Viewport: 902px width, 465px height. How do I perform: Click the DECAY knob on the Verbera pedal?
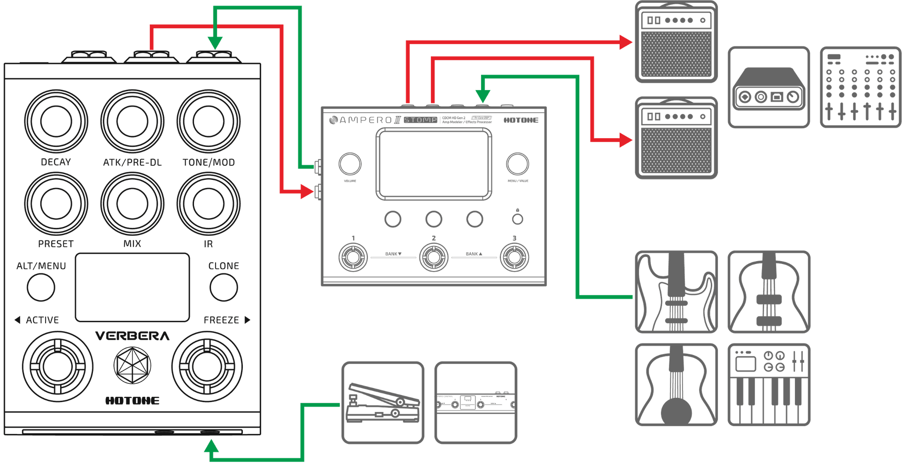click(x=56, y=121)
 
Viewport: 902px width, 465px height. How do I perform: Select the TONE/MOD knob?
click(x=208, y=121)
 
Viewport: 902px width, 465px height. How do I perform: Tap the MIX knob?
click(x=132, y=203)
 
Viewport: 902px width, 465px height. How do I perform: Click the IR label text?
click(x=208, y=244)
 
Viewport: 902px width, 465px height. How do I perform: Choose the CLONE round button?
click(x=224, y=287)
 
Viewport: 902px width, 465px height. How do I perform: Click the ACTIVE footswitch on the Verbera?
click(x=57, y=366)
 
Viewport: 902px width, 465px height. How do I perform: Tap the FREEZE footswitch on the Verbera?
click(x=207, y=366)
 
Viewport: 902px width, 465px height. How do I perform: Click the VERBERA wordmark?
click(x=132, y=336)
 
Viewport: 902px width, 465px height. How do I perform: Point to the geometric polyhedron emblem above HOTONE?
click(x=132, y=365)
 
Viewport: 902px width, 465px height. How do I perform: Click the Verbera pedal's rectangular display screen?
click(x=132, y=287)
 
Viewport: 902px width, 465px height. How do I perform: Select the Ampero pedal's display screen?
click(x=433, y=164)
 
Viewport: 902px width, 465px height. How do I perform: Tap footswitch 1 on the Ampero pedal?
click(x=353, y=257)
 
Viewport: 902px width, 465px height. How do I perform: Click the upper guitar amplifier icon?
click(x=676, y=42)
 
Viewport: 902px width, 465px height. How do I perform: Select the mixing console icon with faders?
click(x=860, y=87)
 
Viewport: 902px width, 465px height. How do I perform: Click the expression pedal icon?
click(x=382, y=402)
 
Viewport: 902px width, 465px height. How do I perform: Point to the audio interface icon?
click(x=769, y=87)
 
